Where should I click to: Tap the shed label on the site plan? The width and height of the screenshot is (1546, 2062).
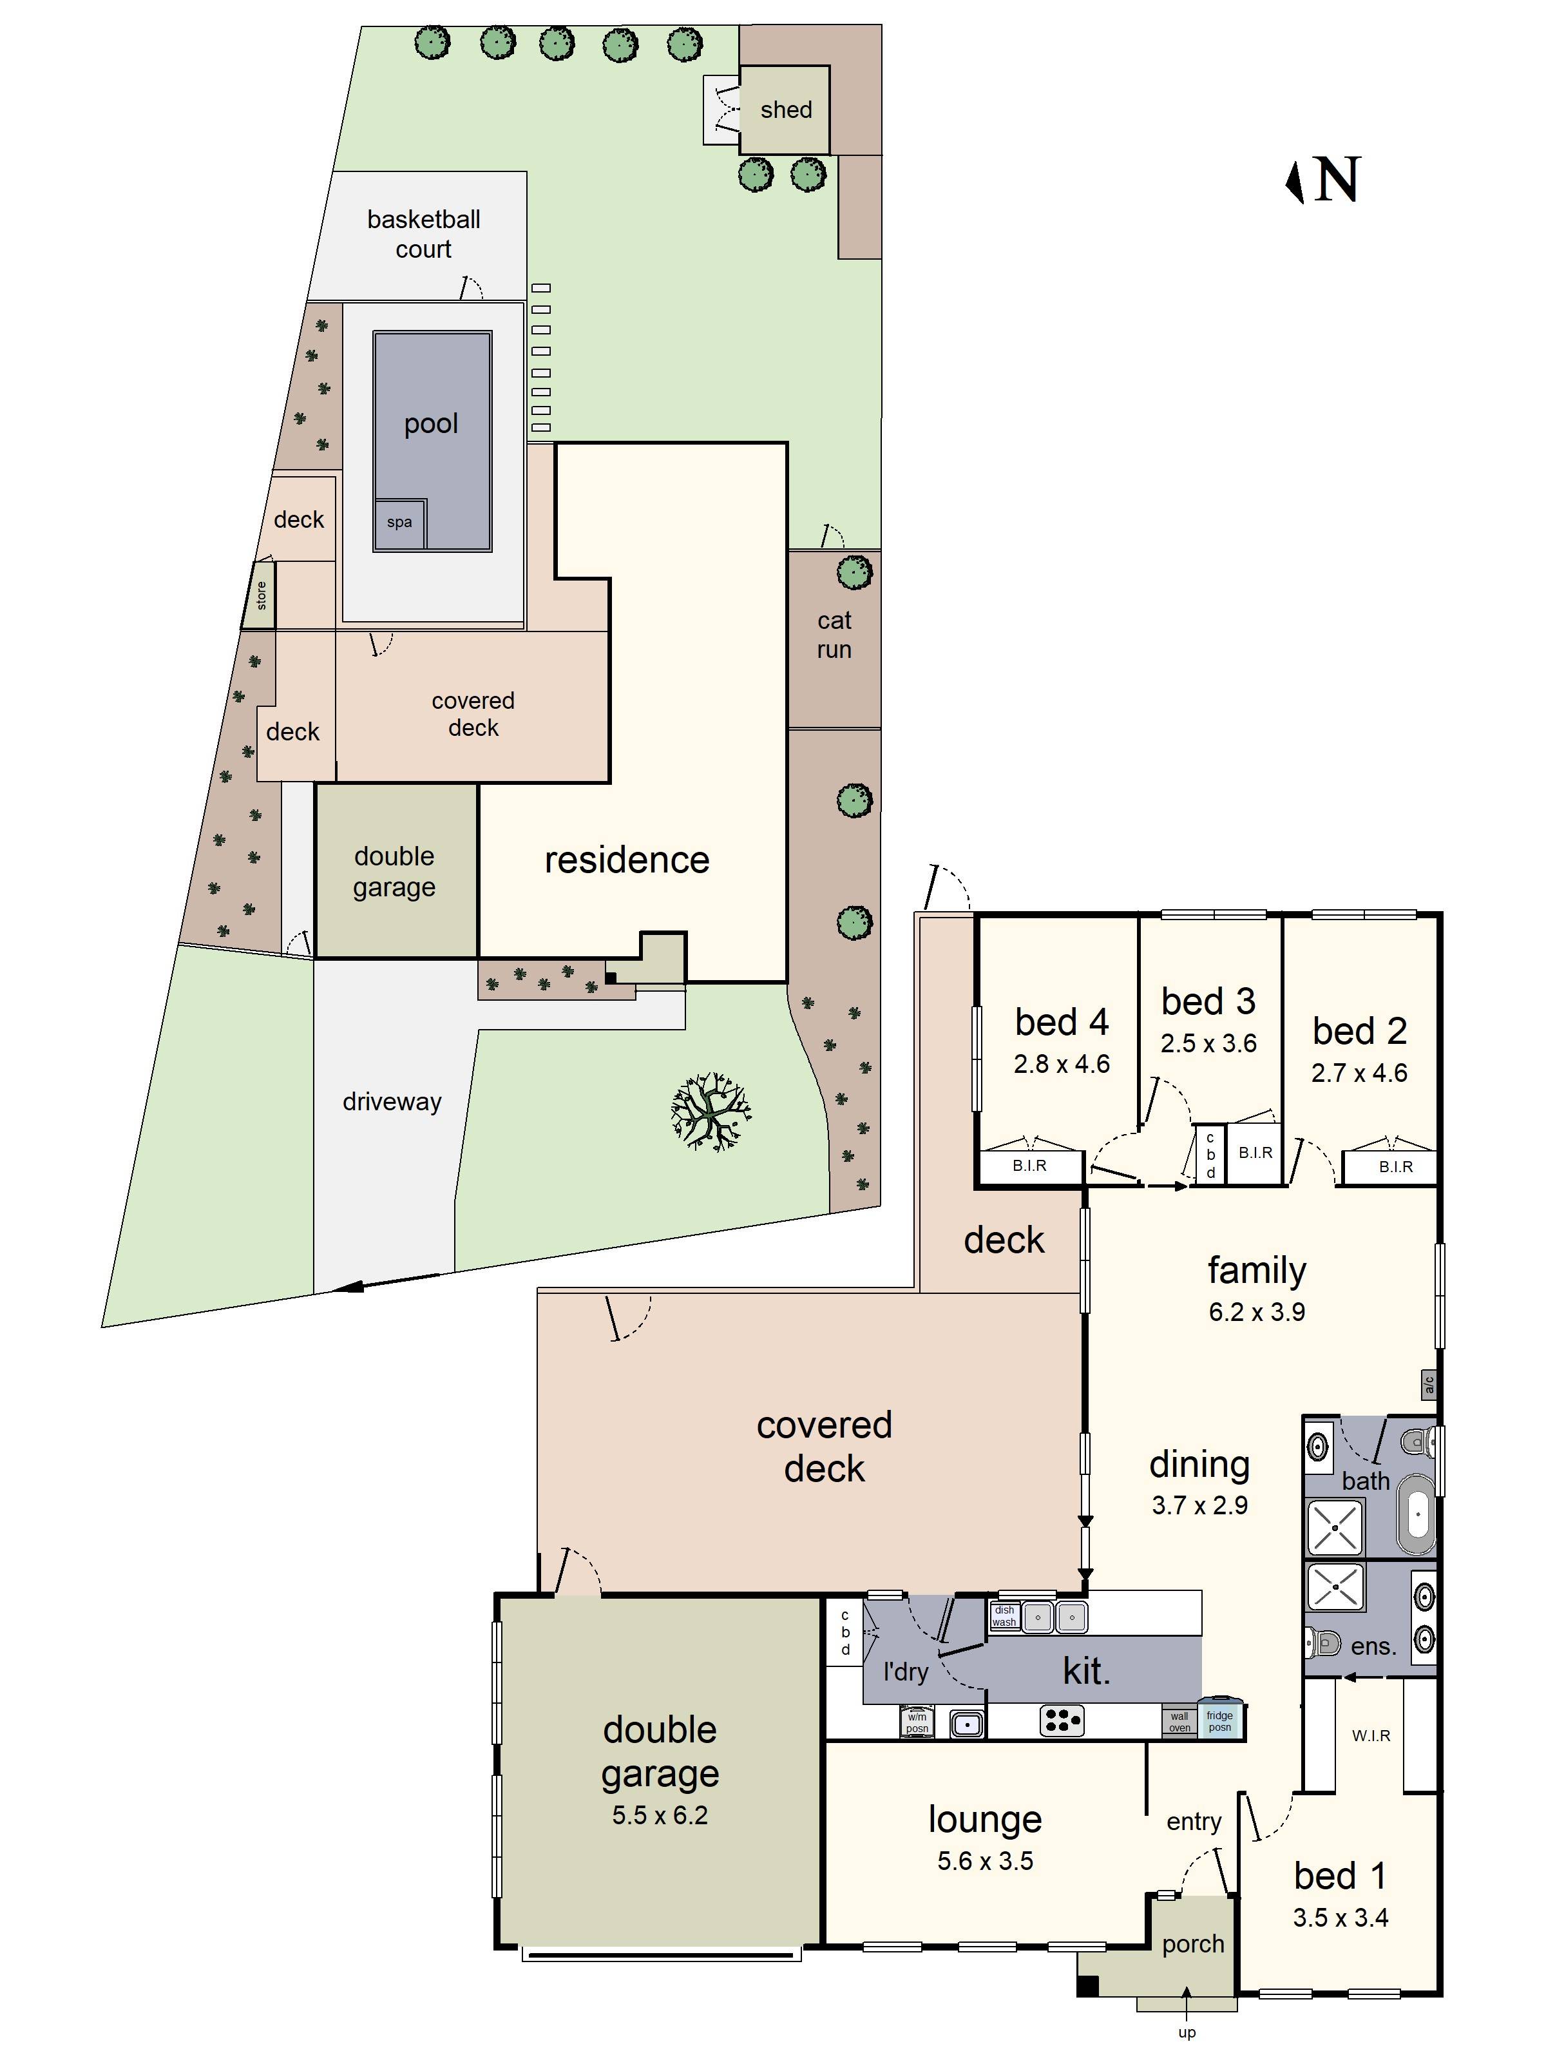786,110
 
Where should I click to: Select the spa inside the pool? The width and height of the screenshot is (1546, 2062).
400,523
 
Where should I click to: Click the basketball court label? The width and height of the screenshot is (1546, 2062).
423,234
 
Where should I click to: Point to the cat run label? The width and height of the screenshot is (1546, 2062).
834,635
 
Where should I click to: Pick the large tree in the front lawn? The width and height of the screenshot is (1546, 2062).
710,1111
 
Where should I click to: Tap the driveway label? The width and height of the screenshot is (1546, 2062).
392,1102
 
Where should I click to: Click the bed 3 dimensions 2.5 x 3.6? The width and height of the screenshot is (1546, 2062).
1208,1043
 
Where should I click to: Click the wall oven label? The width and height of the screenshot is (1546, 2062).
1179,1722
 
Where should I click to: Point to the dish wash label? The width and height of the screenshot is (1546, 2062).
1004,1615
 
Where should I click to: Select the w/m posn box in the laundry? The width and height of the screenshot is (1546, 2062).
917,1722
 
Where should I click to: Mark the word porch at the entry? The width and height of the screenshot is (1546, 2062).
1193,1943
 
